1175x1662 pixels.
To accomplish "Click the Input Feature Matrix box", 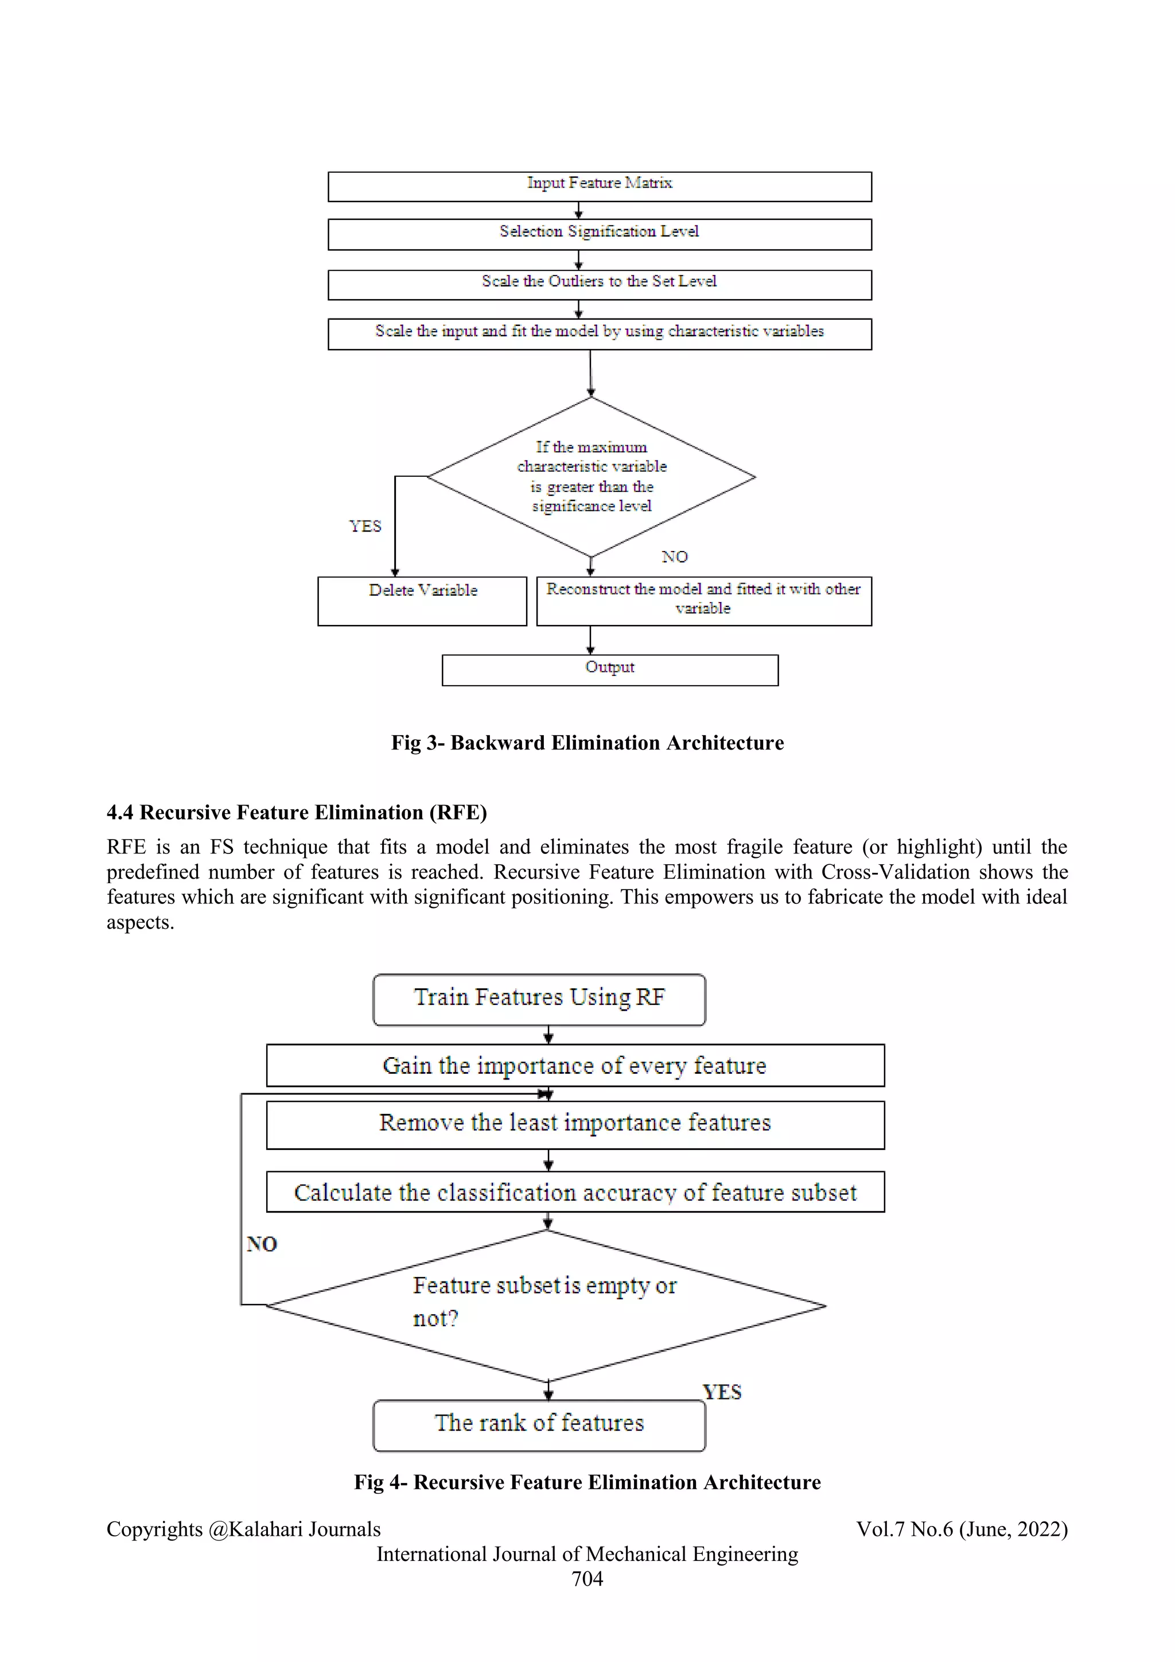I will point(599,186).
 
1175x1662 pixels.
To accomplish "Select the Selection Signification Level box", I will point(599,235).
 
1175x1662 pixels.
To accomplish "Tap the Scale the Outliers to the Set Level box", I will point(599,285).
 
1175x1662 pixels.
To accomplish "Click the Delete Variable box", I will point(422,600).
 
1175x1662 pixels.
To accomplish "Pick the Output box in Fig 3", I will point(610,670).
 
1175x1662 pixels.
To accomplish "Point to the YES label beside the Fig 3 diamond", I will point(365,526).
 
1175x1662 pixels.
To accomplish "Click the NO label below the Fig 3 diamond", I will point(674,557).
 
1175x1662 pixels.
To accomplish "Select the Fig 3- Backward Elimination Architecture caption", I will point(587,743).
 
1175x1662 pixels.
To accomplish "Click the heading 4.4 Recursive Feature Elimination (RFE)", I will point(297,812).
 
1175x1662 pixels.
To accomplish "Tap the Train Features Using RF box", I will point(539,999).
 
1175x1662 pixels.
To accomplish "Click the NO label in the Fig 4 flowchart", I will point(262,1244).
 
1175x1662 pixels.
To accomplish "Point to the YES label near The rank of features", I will point(722,1392).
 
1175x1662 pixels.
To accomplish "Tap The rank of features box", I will point(539,1424).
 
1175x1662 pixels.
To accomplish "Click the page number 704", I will point(587,1579).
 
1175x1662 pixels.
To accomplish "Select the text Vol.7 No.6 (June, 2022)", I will point(962,1529).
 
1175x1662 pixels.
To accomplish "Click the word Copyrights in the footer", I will point(154,1529).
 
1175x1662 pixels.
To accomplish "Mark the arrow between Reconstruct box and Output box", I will point(590,640).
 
